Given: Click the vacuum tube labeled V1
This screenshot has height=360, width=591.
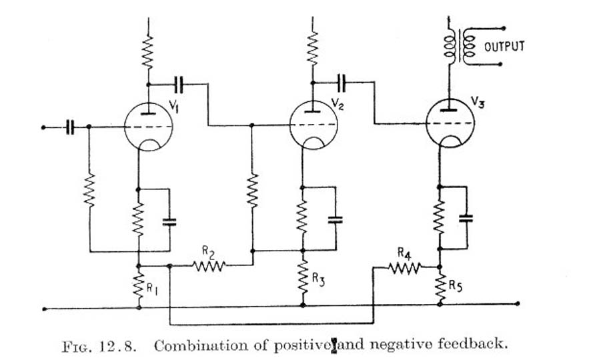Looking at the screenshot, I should pyautogui.click(x=147, y=125).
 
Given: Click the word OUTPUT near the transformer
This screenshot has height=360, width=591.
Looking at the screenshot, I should pyautogui.click(x=505, y=47).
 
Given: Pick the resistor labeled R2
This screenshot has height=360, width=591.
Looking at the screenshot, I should pyautogui.click(x=210, y=265).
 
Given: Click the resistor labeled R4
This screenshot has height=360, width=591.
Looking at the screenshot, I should pyautogui.click(x=405, y=267).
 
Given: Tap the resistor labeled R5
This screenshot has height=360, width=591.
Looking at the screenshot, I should pyautogui.click(x=440, y=285).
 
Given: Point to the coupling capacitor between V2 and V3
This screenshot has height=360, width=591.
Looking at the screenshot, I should pyautogui.click(x=343, y=83).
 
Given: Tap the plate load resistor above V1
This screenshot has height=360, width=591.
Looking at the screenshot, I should pyautogui.click(x=148, y=51).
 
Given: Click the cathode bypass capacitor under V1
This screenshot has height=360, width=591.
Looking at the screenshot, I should pyautogui.click(x=169, y=221).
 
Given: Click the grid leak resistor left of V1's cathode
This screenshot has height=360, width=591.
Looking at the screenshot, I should pyautogui.click(x=89, y=190).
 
